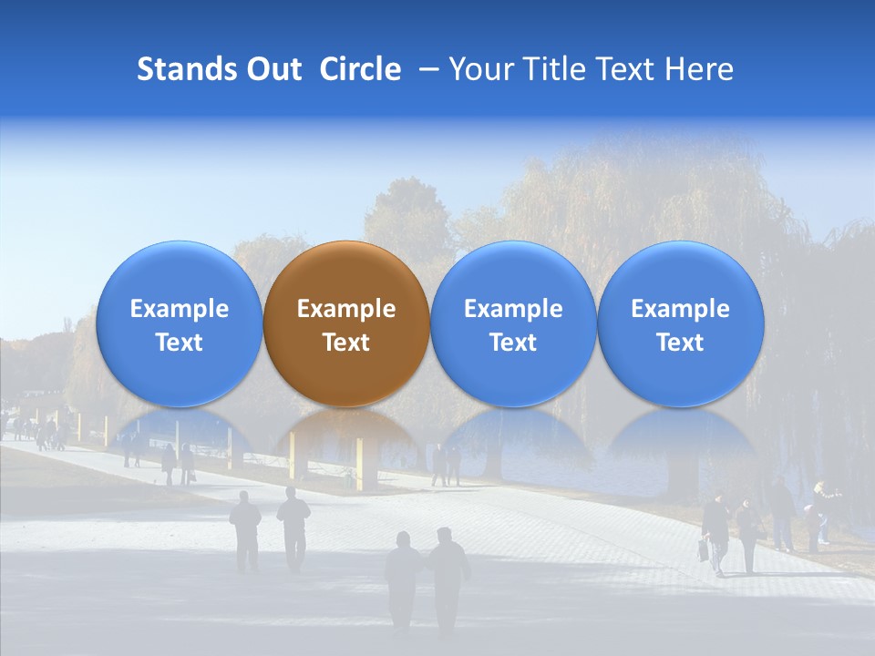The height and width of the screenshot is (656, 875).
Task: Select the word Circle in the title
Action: click(360, 69)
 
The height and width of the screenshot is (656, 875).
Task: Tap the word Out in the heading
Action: click(273, 69)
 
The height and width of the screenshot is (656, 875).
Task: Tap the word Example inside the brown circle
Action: click(346, 309)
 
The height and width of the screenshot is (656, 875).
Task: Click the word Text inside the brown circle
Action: click(346, 343)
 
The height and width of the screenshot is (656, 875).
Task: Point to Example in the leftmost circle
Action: click(179, 309)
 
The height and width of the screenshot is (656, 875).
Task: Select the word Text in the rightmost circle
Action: click(680, 343)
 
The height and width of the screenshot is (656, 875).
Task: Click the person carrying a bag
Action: click(715, 533)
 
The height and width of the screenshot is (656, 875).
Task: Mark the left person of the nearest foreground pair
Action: click(403, 579)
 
